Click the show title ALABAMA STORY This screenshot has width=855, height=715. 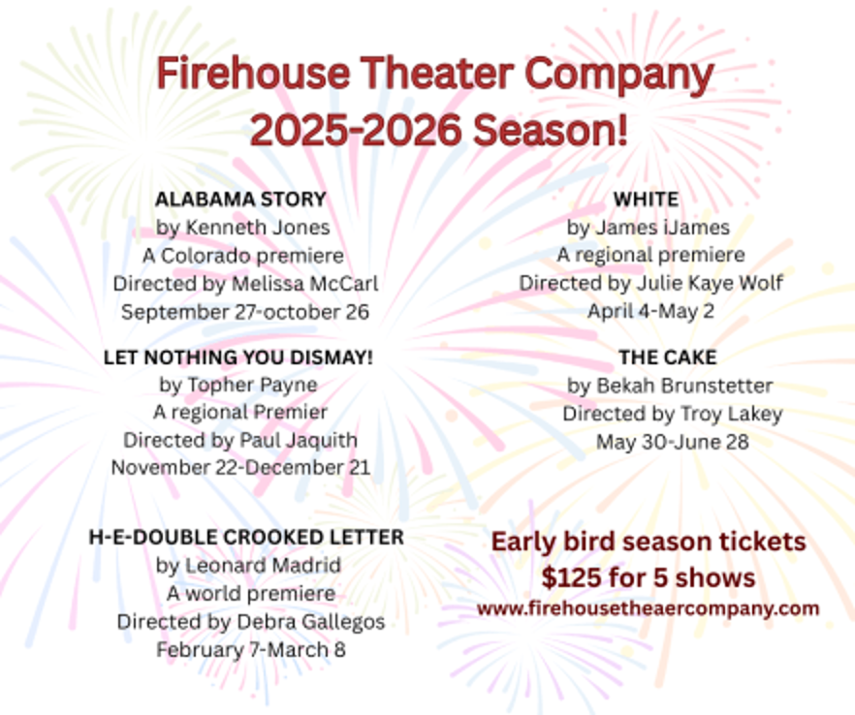coord(240,200)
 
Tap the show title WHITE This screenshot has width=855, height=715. coord(647,200)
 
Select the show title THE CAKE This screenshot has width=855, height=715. coord(668,357)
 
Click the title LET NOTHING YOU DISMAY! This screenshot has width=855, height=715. coord(238,357)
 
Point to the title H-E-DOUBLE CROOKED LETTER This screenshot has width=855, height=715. coord(246,538)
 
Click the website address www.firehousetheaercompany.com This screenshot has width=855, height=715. coord(648,608)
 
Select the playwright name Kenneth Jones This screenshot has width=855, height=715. coord(258,228)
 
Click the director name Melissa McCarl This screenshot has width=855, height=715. coord(304,284)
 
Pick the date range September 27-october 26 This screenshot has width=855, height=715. coord(245,312)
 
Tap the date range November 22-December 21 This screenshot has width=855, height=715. coord(241,468)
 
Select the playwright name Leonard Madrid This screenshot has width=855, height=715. coord(264,565)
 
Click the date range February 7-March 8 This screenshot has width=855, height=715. coord(251,649)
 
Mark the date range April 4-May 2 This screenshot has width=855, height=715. coord(651,311)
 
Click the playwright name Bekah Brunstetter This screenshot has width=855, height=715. coord(684,386)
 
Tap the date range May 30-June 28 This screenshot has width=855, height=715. coord(673,442)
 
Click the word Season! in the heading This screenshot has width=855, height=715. coord(551,130)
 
